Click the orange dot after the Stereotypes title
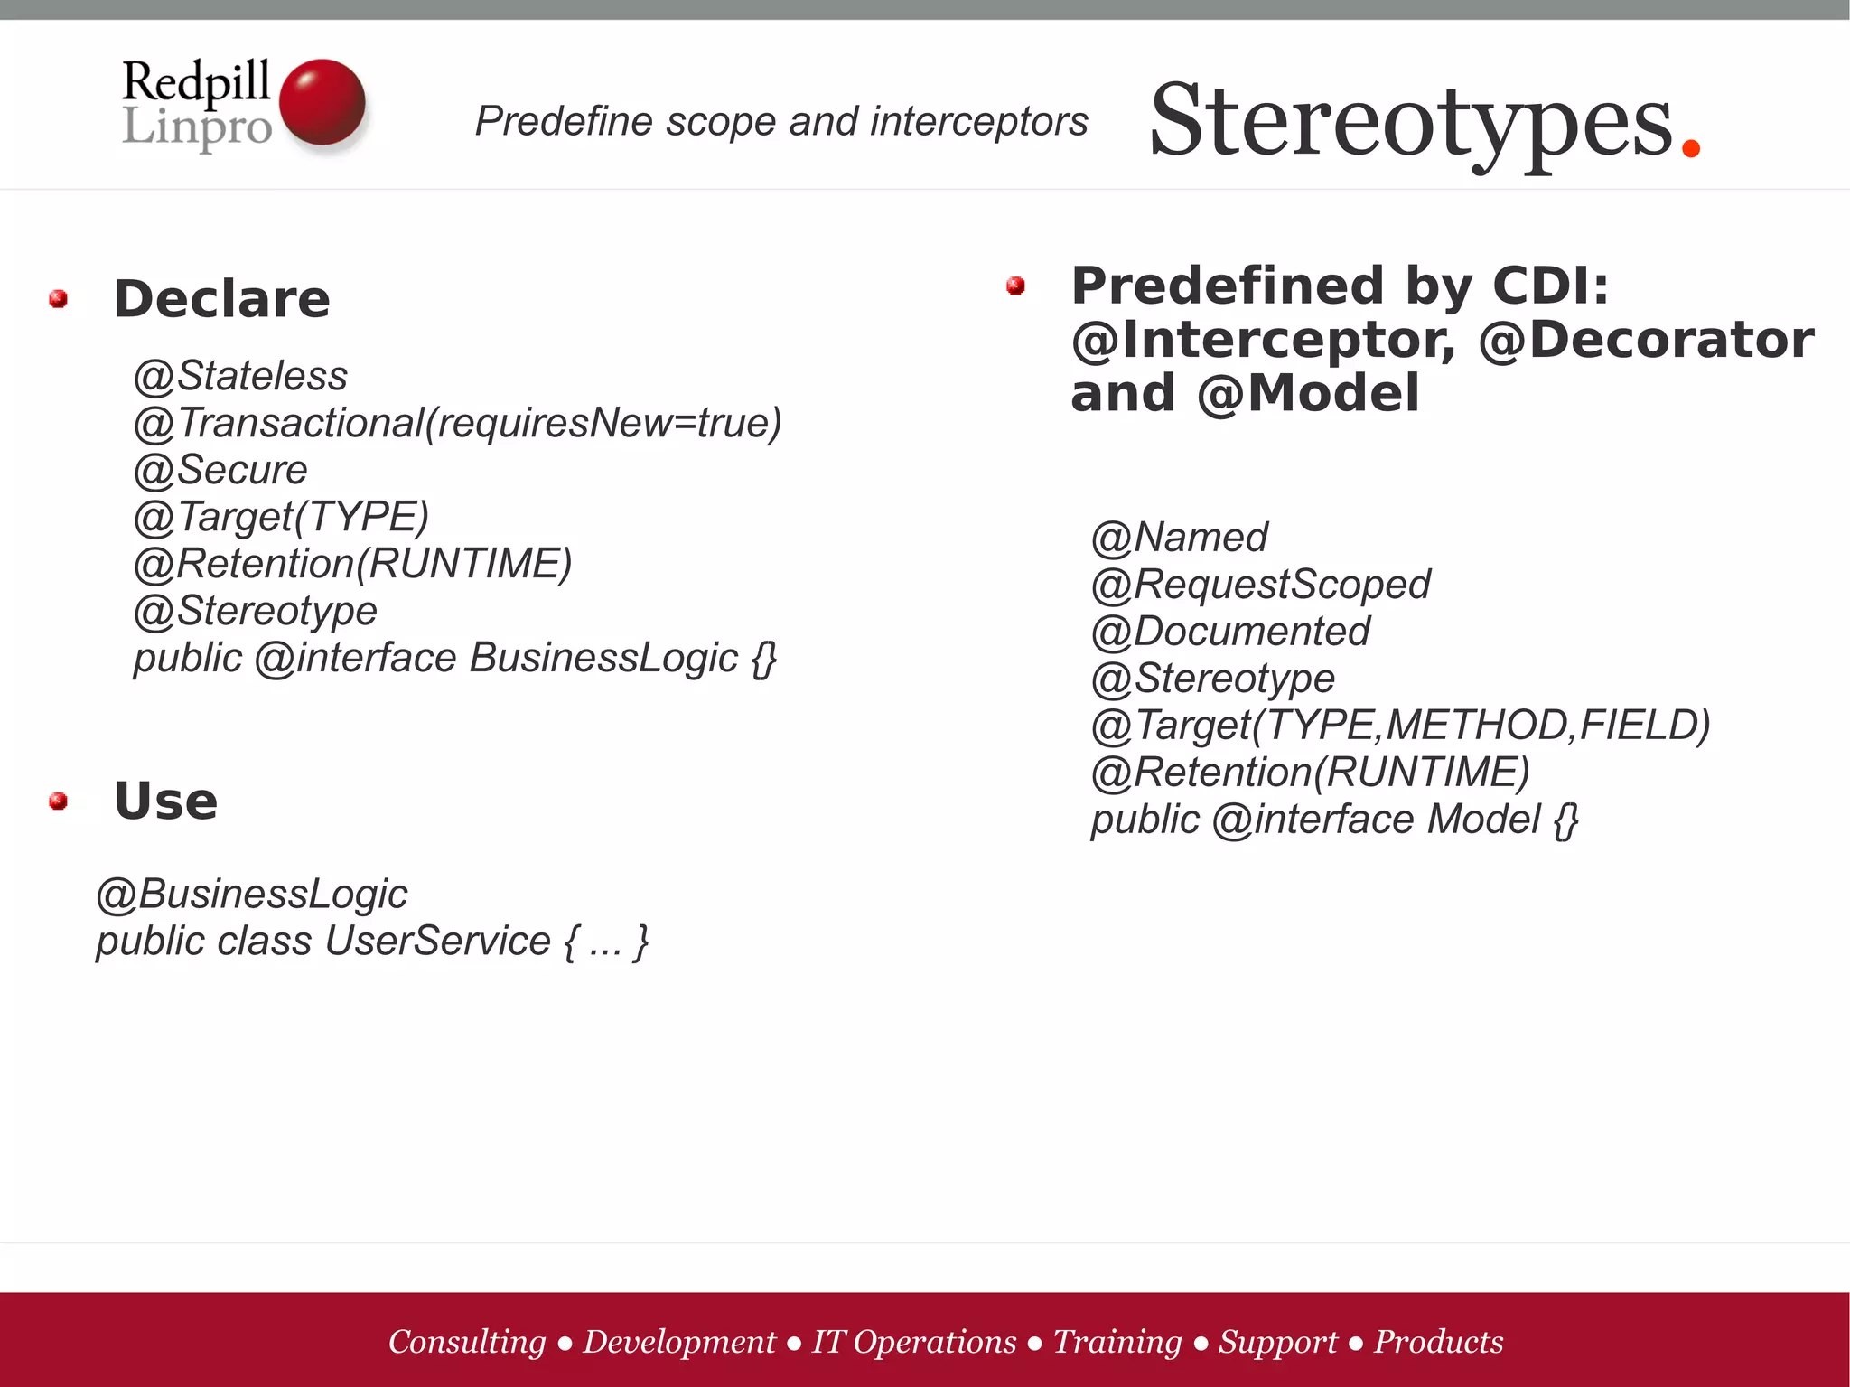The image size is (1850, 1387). click(1691, 146)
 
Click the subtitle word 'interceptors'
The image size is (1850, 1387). click(978, 121)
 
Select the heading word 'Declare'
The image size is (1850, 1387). click(222, 299)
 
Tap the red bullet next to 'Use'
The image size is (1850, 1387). click(59, 801)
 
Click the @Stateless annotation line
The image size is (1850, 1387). click(240, 376)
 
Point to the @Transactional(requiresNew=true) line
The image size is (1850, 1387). click(457, 423)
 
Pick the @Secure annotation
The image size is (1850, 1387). click(220, 470)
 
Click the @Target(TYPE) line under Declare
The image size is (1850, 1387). click(281, 517)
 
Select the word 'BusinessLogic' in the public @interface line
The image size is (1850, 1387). click(603, 658)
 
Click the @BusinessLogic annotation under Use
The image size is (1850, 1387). click(252, 894)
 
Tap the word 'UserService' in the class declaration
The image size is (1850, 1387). click(437, 941)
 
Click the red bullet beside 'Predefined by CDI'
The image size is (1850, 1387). click(1015, 286)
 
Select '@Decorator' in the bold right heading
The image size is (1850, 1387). click(1646, 340)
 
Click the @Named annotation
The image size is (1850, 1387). click(1179, 538)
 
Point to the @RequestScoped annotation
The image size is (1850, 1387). click(1260, 585)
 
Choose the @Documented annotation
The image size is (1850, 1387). click(1230, 632)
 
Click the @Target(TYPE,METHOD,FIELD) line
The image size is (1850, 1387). click(1400, 726)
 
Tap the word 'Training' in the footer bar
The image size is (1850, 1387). click(1117, 1342)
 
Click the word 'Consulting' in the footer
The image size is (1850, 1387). click(467, 1342)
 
